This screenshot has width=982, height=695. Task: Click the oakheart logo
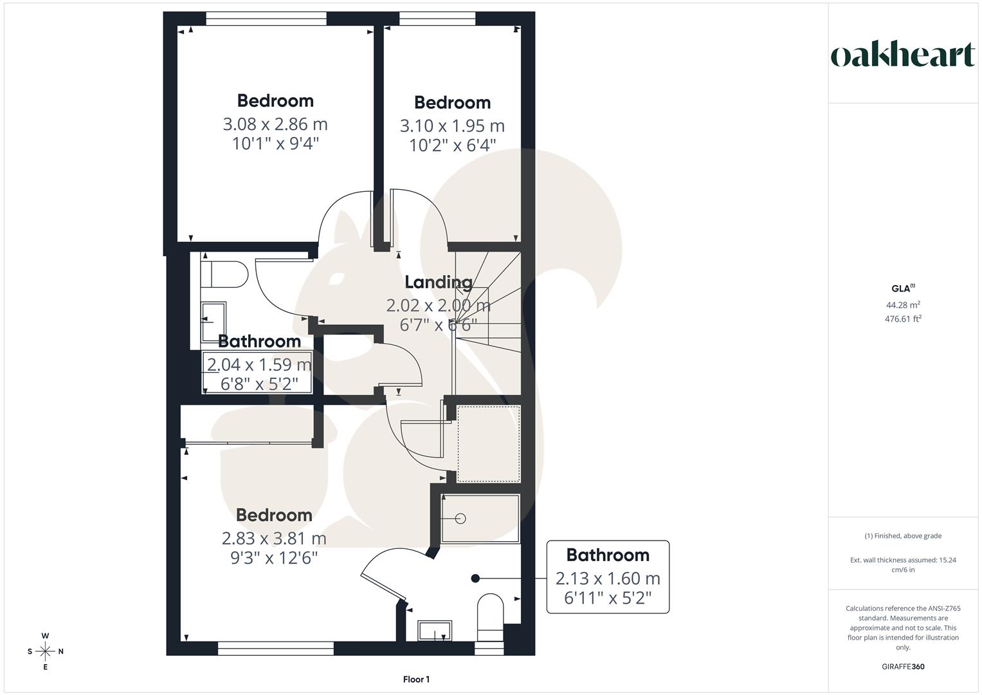[902, 55]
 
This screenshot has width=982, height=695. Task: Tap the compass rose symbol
[45, 651]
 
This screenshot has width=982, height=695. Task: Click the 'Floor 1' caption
[416, 680]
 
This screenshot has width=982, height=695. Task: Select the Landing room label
[438, 282]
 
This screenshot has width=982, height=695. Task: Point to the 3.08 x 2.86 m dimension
[275, 124]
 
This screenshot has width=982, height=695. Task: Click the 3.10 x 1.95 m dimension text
[452, 125]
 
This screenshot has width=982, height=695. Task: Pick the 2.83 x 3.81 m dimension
[274, 538]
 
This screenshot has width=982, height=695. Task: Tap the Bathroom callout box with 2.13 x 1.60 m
[608, 577]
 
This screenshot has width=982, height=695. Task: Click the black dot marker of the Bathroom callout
[476, 578]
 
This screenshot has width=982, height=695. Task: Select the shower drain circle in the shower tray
[460, 518]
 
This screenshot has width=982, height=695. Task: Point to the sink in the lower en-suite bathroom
[435, 631]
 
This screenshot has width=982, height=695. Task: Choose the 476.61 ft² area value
[902, 319]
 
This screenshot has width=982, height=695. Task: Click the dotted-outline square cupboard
[488, 443]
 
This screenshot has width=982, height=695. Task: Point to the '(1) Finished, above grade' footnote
[902, 536]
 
